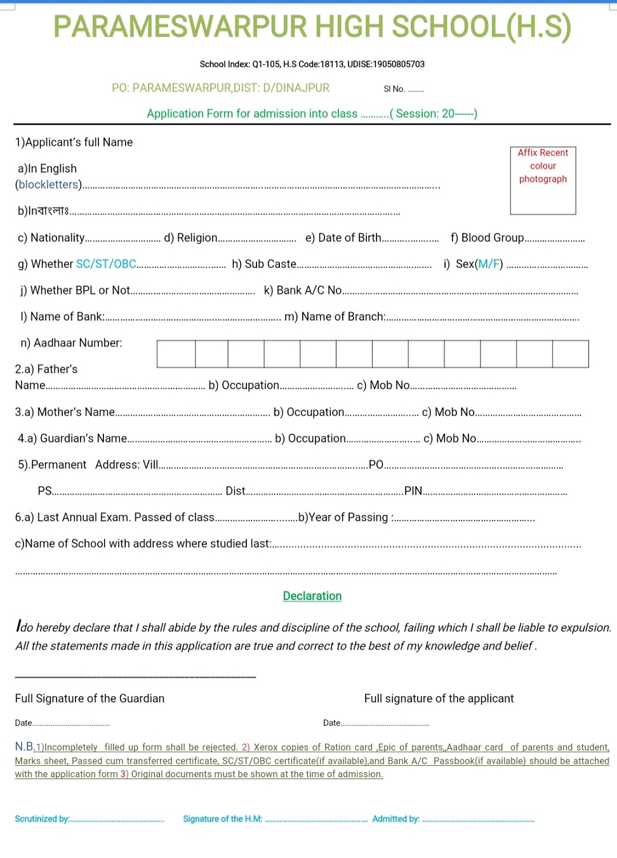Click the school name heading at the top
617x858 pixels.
312,27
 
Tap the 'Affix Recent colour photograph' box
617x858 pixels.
543,180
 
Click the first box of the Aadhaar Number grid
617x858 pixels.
176,354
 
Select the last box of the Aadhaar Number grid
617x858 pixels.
570,354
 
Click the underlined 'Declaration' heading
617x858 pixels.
312,596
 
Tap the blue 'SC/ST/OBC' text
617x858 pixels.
106,264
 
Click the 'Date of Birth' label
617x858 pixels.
349,238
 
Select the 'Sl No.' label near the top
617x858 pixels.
394,89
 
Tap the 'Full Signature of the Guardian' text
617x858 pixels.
90,699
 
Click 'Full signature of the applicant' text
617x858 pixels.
439,699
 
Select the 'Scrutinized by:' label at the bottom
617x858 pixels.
42,819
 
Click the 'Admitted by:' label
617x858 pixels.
395,819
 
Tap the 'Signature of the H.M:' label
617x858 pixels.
222,819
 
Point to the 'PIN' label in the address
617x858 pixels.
413,490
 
